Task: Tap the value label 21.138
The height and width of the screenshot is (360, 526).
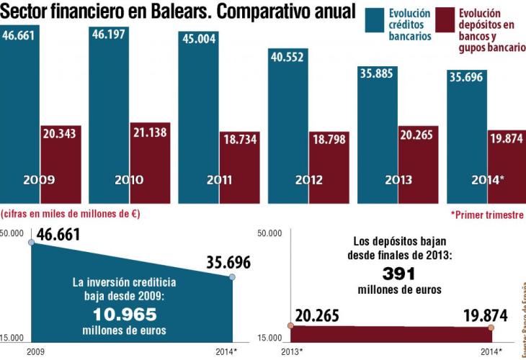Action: pyautogui.click(x=151, y=132)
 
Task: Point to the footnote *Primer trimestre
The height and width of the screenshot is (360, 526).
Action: pyautogui.click(x=486, y=215)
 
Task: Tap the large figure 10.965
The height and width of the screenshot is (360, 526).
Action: pyautogui.click(x=125, y=314)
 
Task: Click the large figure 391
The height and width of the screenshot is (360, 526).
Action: pyautogui.click(x=399, y=274)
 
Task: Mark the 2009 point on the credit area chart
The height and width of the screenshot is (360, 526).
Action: pyautogui.click(x=31, y=243)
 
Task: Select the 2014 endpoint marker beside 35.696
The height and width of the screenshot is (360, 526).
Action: pyautogui.click(x=232, y=277)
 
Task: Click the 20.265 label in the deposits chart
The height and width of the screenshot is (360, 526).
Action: pyautogui.click(x=327, y=316)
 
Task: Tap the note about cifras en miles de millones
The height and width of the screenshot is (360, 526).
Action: pyautogui.click(x=70, y=213)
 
